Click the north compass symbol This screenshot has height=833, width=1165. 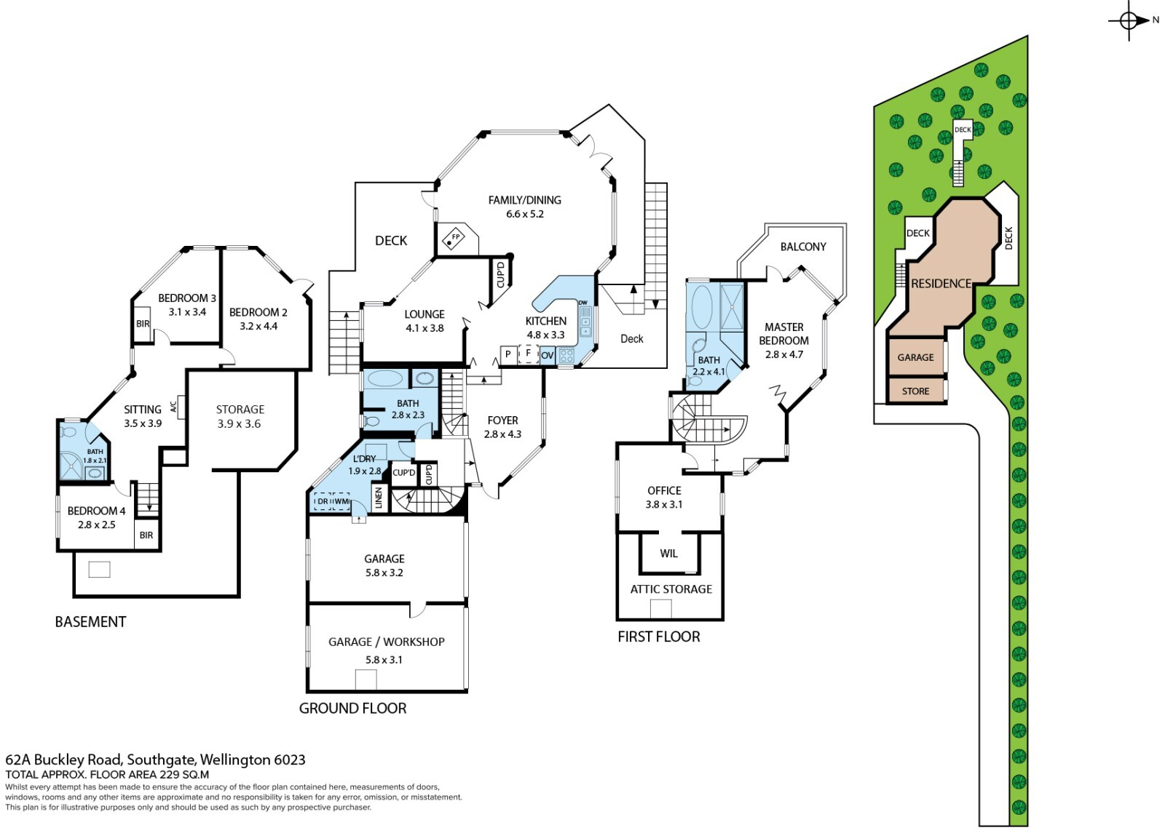[1129, 20]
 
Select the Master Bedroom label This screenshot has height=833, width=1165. [783, 334]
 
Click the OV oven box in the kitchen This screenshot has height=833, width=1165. [548, 356]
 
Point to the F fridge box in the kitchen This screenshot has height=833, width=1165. [528, 354]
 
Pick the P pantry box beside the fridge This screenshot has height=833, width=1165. [508, 355]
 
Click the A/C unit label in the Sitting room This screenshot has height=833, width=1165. [174, 407]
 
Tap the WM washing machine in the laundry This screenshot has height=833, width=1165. [341, 501]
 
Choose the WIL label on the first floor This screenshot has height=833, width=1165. [668, 554]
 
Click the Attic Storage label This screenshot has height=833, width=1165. [671, 589]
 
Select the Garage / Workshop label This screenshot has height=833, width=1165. [386, 642]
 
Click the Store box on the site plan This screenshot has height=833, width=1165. [915, 391]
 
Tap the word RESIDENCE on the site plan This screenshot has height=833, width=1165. [941, 284]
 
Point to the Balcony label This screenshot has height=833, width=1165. [803, 247]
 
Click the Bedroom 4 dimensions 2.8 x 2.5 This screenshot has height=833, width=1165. [97, 525]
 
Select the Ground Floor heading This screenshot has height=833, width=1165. [352, 709]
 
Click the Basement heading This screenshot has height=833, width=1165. [90, 622]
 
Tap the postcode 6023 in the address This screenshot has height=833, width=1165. [289, 760]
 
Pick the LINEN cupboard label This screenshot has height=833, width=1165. [379, 498]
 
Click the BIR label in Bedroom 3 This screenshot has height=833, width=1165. [143, 324]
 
